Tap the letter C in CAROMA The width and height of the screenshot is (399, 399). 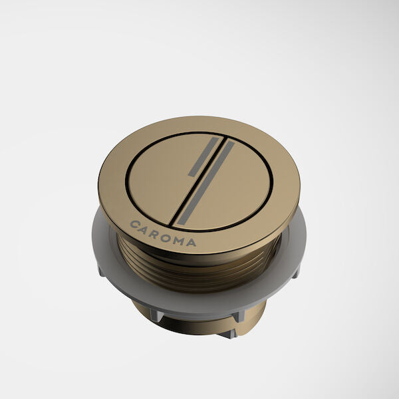pyautogui.click(x=135, y=224)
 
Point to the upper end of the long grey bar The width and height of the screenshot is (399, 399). pyautogui.click(x=231, y=144)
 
